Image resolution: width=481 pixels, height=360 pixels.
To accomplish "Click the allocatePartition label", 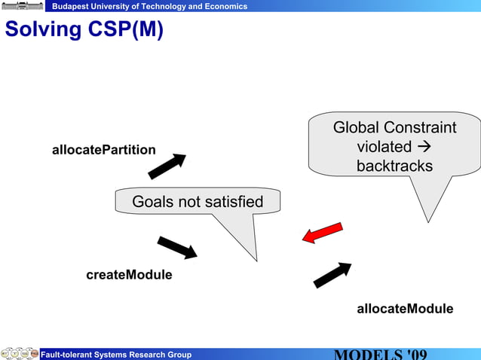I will coord(103,150).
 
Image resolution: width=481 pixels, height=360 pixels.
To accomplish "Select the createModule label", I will coord(129,275).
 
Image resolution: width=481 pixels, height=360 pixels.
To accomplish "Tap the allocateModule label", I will coord(405,309).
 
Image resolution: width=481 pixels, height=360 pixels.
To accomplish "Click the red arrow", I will coord(323,233).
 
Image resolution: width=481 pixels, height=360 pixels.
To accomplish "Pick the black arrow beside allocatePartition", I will coord(167,166).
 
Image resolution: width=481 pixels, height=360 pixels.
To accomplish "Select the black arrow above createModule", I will coord(177,247).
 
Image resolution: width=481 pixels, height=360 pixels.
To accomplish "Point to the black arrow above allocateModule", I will coord(332,275).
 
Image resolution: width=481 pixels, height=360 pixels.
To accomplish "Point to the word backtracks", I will coord(394,166).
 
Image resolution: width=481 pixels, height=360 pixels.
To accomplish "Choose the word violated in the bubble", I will coord(384,147).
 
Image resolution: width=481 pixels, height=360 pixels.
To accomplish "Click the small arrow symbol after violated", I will coord(424,147).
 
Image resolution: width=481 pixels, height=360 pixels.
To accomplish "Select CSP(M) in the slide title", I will coord(124,30).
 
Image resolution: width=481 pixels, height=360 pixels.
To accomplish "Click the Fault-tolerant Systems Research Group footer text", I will coord(115,355).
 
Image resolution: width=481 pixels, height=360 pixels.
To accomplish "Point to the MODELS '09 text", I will coord(381,355).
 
